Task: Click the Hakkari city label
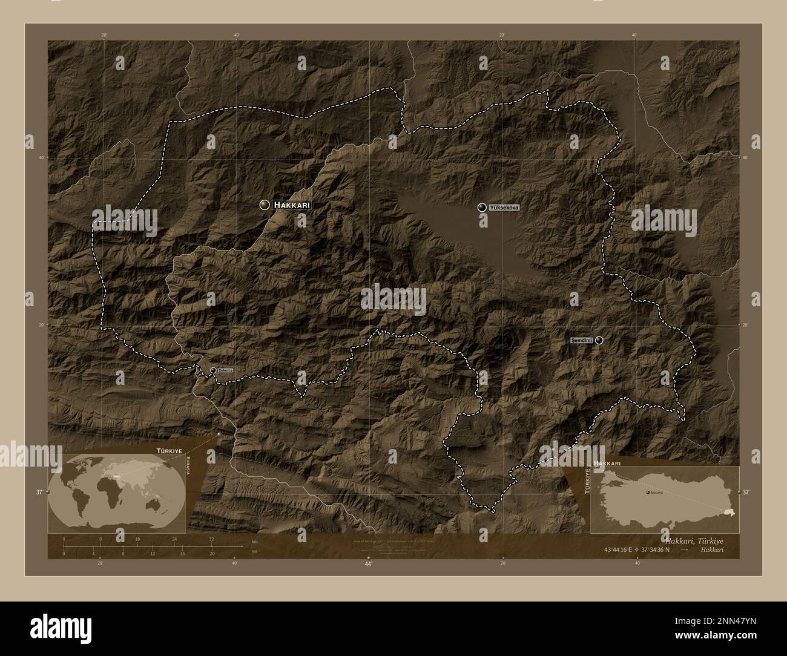(x=292, y=205)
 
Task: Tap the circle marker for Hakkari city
(x=264, y=205)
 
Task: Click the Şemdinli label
(x=581, y=341)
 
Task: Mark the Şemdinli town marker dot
(x=599, y=340)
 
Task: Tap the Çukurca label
(x=225, y=370)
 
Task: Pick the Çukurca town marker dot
(x=213, y=370)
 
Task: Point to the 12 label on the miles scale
(x=153, y=553)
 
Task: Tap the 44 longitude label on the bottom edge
(x=367, y=563)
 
